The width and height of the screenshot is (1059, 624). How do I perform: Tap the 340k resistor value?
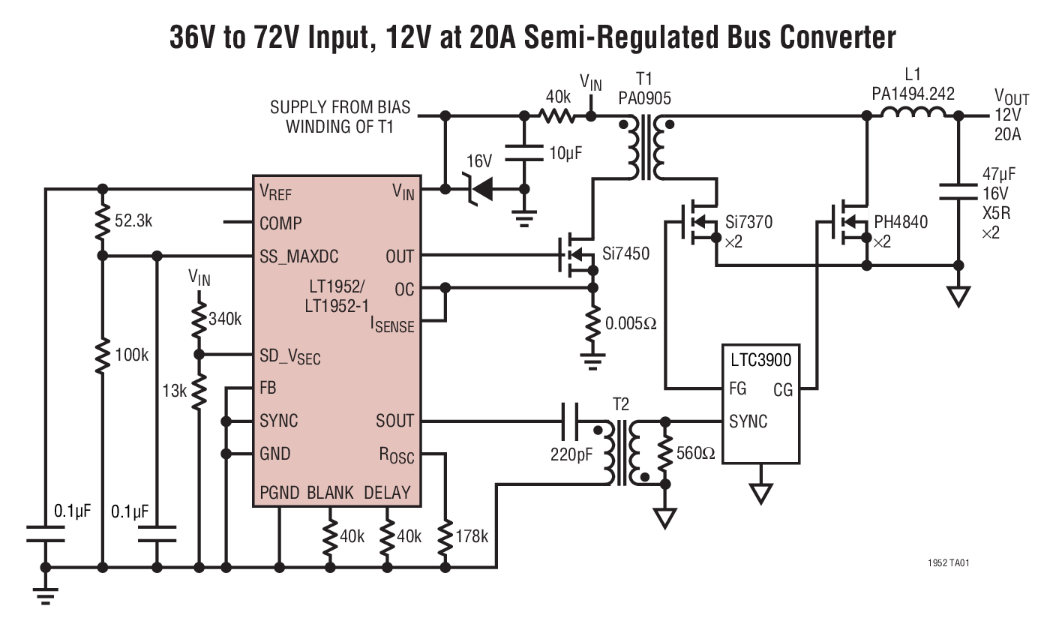coord(226,319)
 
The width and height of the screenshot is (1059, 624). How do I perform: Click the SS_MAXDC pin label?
coord(299,256)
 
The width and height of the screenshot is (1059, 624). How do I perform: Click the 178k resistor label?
coord(472,536)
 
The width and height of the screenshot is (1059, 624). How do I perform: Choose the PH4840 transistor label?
coord(901,222)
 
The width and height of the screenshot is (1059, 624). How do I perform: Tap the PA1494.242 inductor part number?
coord(913,94)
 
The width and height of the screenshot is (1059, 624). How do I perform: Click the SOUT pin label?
coord(394,421)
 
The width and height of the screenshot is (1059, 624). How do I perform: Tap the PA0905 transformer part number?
coord(644,98)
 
